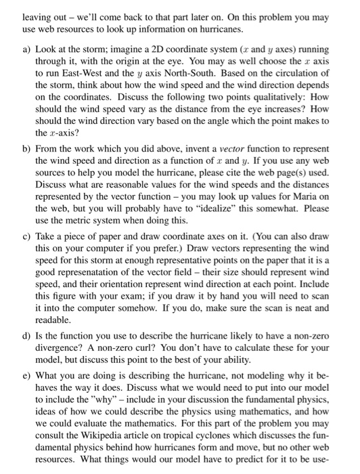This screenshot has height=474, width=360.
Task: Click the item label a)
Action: point(21,51)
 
